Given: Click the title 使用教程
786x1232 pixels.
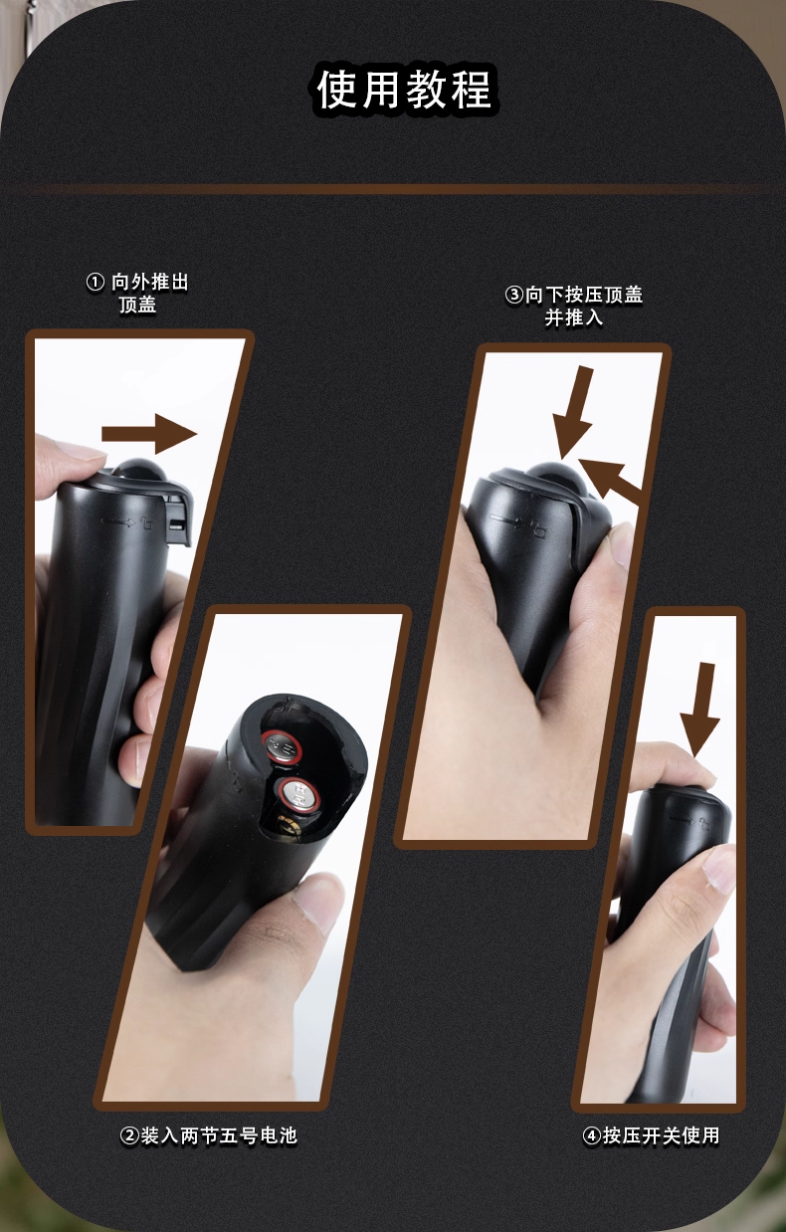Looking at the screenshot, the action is (404, 90).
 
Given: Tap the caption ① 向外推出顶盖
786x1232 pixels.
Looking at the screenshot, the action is (137, 294).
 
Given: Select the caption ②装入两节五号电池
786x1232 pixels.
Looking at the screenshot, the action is (209, 1135).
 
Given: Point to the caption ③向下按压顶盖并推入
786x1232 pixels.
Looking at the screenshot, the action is (574, 306).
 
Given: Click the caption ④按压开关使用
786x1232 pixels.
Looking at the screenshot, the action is (652, 1135).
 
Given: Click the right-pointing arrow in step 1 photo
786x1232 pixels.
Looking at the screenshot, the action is (149, 434).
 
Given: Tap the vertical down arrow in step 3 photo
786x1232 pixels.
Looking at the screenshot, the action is (574, 413).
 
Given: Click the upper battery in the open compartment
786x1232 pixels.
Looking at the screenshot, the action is (282, 747).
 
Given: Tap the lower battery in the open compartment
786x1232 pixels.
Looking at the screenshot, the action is (299, 794).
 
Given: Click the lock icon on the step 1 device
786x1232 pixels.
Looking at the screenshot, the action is (147, 523).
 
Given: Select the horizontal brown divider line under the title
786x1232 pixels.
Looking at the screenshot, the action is (393, 189).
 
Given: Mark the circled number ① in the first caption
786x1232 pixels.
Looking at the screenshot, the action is (96, 283).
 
